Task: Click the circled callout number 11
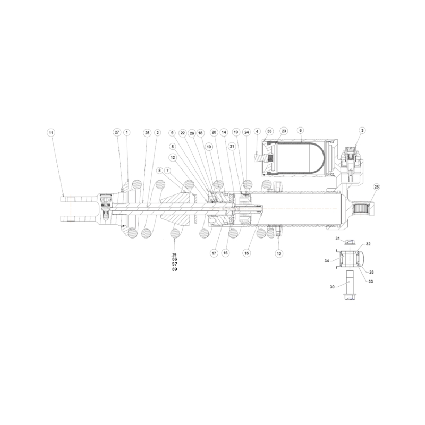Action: point(51,132)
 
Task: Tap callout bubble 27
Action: point(117,132)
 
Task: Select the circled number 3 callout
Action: point(362,130)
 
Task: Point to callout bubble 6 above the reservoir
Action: point(300,130)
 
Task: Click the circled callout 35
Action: point(269,131)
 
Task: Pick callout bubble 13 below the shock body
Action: point(279,253)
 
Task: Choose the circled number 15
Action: point(246,253)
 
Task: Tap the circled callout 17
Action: point(214,253)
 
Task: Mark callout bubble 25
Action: point(147,133)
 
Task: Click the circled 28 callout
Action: point(377,187)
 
